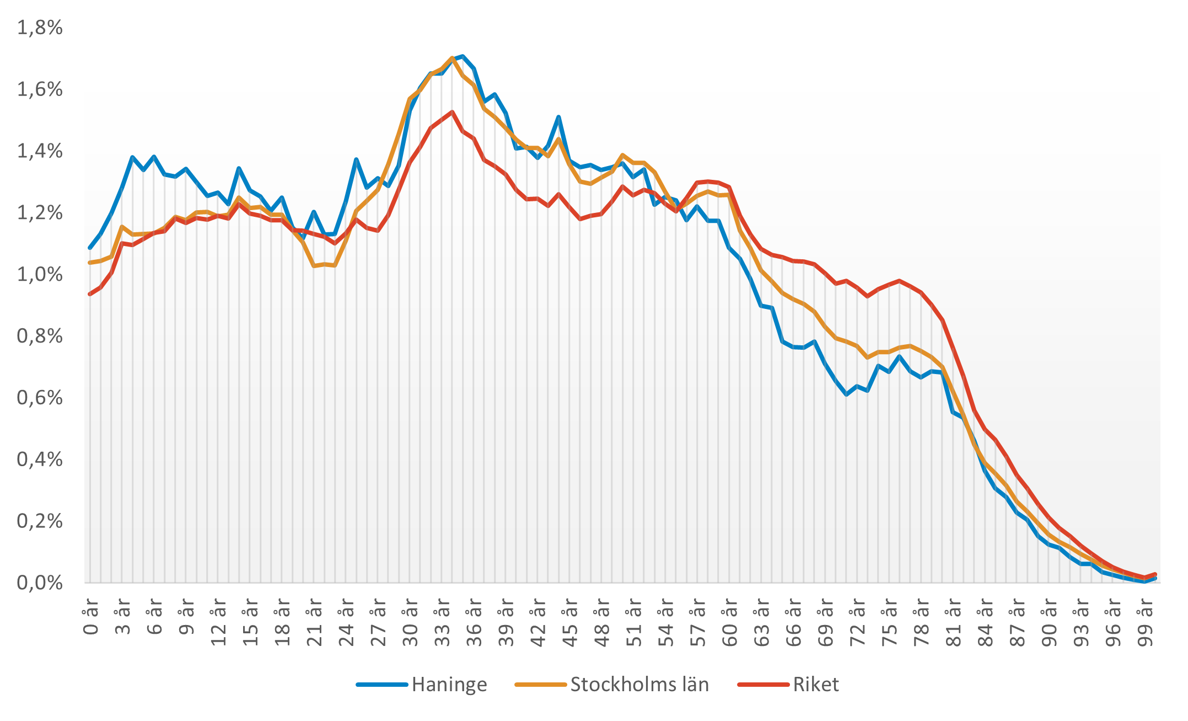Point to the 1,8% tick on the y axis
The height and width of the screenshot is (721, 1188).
[40, 28]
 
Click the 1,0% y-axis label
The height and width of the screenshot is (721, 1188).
[40, 274]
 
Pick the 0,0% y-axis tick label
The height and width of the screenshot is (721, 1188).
[40, 583]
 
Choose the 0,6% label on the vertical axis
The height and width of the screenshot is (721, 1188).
[40, 398]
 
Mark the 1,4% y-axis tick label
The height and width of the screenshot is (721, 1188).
[40, 151]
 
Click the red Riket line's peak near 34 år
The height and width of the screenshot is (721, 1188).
[452, 112]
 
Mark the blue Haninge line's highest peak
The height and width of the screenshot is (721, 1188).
[463, 56]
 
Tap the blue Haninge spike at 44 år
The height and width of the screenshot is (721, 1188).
[558, 117]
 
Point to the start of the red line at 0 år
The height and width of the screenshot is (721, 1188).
[90, 294]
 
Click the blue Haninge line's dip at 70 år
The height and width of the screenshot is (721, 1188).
[846, 394]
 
